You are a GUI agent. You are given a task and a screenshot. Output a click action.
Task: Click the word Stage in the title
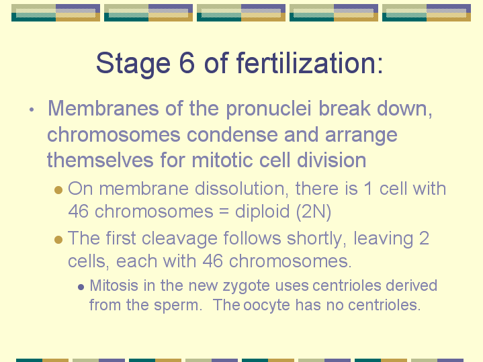point(133,64)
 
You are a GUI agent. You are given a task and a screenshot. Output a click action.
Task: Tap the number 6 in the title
point(187,63)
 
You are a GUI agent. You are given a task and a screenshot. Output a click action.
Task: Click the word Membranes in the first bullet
point(103,108)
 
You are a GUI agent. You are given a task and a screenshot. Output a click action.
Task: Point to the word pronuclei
point(268,109)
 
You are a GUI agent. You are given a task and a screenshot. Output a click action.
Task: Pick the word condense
point(232,135)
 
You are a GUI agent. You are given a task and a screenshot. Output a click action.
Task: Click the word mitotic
point(222,161)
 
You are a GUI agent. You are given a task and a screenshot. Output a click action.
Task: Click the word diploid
point(262,212)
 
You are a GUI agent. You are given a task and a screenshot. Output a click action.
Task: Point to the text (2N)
point(313,212)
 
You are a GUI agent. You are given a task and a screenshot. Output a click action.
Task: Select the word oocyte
point(267,306)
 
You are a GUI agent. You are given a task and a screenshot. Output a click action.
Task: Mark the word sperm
point(178,306)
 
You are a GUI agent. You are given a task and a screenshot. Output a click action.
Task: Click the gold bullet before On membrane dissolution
point(58,189)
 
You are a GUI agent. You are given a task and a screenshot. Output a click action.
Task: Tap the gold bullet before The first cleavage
point(58,239)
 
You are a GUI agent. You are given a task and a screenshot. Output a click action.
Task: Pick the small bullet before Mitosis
point(81,287)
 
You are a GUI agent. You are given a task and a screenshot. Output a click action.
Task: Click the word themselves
point(100,161)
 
